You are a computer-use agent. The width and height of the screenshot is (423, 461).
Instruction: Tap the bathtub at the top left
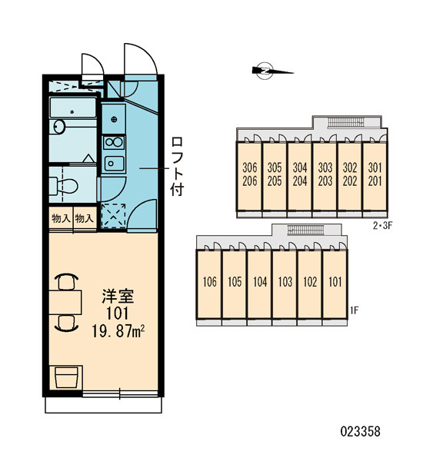tap(73, 108)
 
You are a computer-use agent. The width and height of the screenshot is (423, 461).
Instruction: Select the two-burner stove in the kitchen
tap(114, 142)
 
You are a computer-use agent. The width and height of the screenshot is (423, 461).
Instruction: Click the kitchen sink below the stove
tap(115, 164)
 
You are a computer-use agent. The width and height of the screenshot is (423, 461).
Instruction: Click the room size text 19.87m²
tap(118, 332)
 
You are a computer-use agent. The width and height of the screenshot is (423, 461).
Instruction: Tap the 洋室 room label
tap(118, 296)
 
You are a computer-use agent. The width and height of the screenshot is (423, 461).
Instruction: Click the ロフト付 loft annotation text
tap(178, 166)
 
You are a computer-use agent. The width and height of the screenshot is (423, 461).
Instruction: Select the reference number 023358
tap(360, 432)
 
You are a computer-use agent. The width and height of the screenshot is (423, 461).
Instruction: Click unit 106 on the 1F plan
tap(209, 284)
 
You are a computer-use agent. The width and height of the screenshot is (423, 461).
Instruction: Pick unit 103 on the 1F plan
tap(285, 284)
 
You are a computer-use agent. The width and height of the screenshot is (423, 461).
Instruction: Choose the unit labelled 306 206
tap(250, 177)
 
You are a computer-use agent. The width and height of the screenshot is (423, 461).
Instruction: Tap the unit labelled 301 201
tap(375, 177)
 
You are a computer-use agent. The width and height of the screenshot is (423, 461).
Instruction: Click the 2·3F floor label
tap(383, 226)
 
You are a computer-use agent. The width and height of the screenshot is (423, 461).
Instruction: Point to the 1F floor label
tap(354, 310)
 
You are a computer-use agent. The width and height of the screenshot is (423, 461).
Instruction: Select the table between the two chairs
tap(65, 302)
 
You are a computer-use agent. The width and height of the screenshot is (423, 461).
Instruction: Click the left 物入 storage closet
tap(61, 218)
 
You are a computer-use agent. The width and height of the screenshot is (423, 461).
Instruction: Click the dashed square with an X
tap(113, 215)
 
